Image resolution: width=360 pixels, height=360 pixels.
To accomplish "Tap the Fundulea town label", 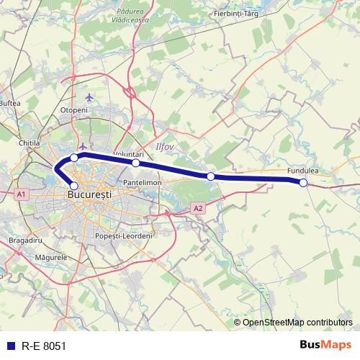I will coord(302,171).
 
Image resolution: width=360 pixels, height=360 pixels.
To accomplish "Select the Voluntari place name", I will coord(129,154).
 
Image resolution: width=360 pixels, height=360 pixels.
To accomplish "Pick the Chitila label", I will coord(29,143).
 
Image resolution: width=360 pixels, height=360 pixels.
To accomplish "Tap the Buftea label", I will coord(9,104).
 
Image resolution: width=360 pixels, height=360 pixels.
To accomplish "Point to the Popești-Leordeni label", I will coord(125,236).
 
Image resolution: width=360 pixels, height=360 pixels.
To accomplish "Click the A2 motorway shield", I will coord(198,208).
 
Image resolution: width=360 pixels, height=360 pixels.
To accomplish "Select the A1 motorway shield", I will coord(20,194).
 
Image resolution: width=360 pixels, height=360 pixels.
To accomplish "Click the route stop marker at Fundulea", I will coord(303,183).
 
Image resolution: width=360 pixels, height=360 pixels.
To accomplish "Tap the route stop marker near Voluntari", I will coord(135,163).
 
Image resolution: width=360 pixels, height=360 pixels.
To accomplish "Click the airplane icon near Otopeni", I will coord(89,96).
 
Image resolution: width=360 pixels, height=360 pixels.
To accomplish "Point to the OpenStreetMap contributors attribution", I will coord(297,322).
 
